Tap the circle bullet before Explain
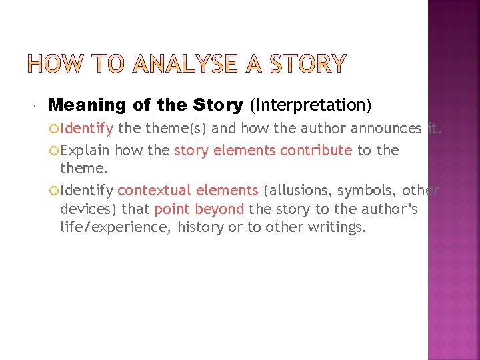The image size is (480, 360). tap(54, 151)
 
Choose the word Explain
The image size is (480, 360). tap(85, 151)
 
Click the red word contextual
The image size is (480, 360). tap(155, 191)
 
